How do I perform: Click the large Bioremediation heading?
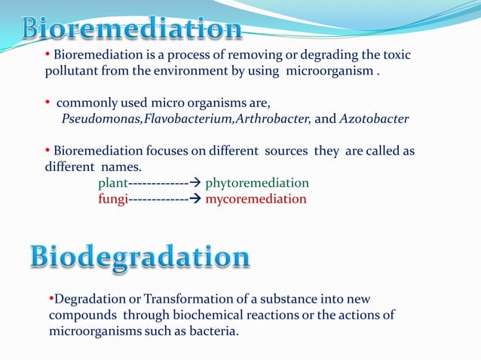click(x=131, y=29)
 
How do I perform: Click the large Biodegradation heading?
click(x=140, y=258)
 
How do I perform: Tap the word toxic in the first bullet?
click(x=397, y=56)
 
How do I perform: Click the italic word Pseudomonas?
click(x=102, y=118)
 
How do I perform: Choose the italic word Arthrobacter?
click(x=268, y=118)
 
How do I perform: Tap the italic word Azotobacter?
click(x=375, y=118)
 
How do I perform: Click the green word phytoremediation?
click(x=257, y=183)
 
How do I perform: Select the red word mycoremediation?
click(x=256, y=199)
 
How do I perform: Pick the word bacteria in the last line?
click(x=213, y=330)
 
